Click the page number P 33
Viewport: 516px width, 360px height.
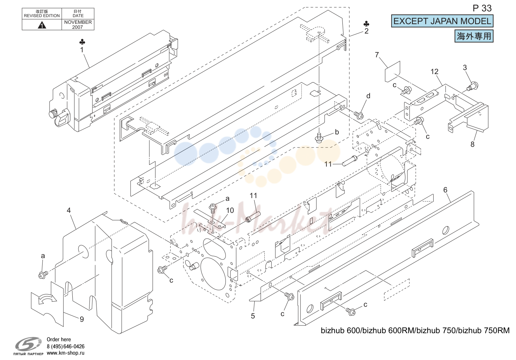(482, 8)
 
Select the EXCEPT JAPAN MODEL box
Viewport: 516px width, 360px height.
(442, 21)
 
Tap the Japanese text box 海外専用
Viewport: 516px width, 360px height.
(474, 36)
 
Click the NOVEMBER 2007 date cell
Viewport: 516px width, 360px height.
(78, 24)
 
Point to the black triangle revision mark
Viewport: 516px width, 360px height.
(42, 25)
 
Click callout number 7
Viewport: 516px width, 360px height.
(377, 55)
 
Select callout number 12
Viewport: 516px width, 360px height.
(435, 72)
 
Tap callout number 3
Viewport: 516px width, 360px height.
(465, 67)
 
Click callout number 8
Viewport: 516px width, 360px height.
(472, 144)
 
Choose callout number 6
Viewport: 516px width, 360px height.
(445, 190)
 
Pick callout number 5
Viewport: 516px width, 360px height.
(253, 316)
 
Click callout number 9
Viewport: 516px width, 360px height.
(82, 319)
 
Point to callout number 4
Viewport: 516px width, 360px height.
(69, 210)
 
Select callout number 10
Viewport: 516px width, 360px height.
(230, 210)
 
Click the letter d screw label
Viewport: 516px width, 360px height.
(368, 96)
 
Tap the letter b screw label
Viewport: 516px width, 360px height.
(337, 132)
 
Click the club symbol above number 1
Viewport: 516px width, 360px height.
(82, 42)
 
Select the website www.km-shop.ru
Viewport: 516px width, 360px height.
(66, 353)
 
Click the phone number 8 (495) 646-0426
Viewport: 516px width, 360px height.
(66, 346)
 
